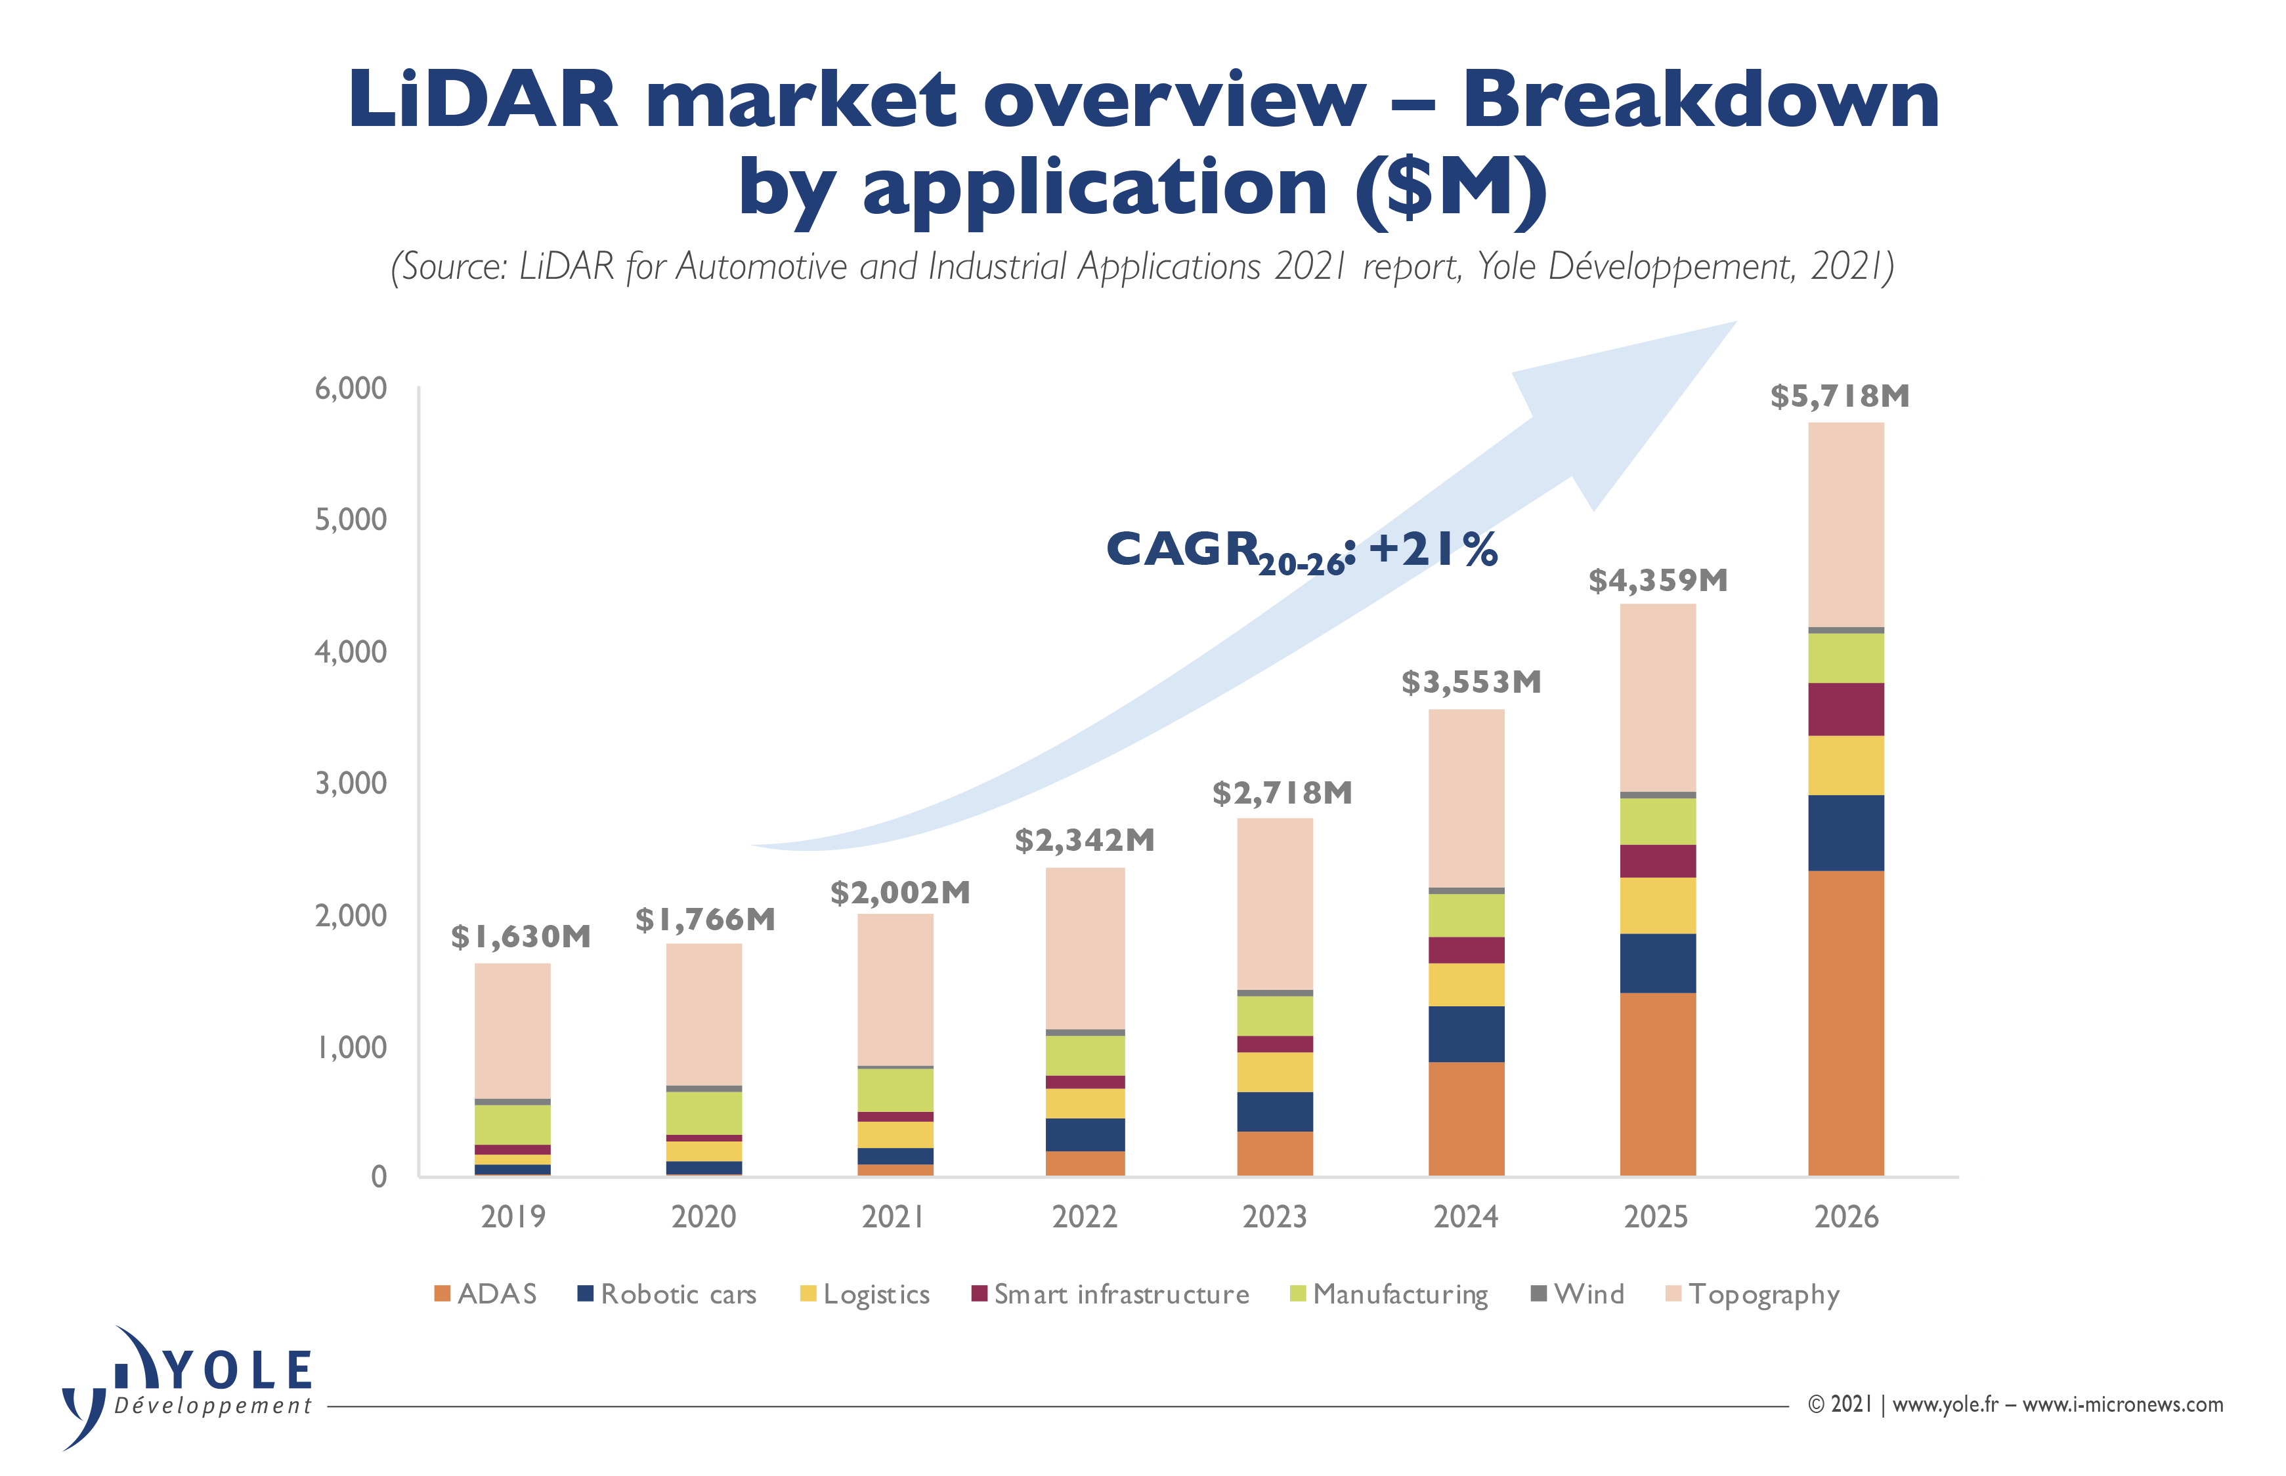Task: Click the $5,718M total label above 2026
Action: coord(1839,396)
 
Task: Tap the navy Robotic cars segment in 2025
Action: coord(1657,962)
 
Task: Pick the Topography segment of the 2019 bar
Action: coord(512,1031)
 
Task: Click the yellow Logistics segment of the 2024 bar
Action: coord(1465,984)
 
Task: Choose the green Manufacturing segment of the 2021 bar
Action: coord(895,1090)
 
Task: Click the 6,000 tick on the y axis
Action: coord(351,388)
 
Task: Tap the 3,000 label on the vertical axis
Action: coord(351,783)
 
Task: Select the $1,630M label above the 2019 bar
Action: coord(521,936)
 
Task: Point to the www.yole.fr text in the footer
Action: coord(1945,1404)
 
